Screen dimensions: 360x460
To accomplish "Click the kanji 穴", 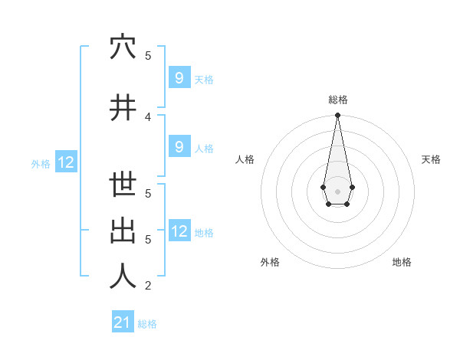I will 123,47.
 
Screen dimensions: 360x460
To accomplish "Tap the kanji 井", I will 123,108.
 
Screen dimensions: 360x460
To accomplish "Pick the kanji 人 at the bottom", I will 123,277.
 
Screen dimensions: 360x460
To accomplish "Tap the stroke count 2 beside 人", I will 148,286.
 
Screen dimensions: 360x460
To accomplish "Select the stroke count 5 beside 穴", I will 148,55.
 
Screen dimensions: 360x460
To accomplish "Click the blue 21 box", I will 123,322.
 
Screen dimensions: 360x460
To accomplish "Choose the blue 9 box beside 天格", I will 179,77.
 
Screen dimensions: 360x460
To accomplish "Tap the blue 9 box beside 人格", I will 179,146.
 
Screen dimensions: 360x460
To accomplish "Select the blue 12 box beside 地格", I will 179,231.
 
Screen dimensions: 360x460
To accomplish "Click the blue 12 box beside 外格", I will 66,162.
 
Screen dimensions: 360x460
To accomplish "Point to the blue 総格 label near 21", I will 147,324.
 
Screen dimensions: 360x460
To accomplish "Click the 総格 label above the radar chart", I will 338,100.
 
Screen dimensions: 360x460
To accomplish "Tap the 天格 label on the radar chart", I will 431,159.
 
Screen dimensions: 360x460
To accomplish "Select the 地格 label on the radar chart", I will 402,262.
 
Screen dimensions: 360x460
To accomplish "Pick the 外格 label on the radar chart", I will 270,262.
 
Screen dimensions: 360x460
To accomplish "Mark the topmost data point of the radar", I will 337,116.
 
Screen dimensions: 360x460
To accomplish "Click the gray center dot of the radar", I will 337,190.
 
